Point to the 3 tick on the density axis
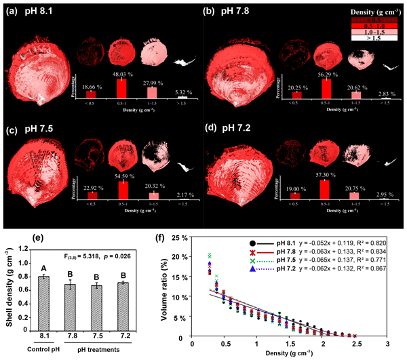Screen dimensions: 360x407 (x=387, y=345)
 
